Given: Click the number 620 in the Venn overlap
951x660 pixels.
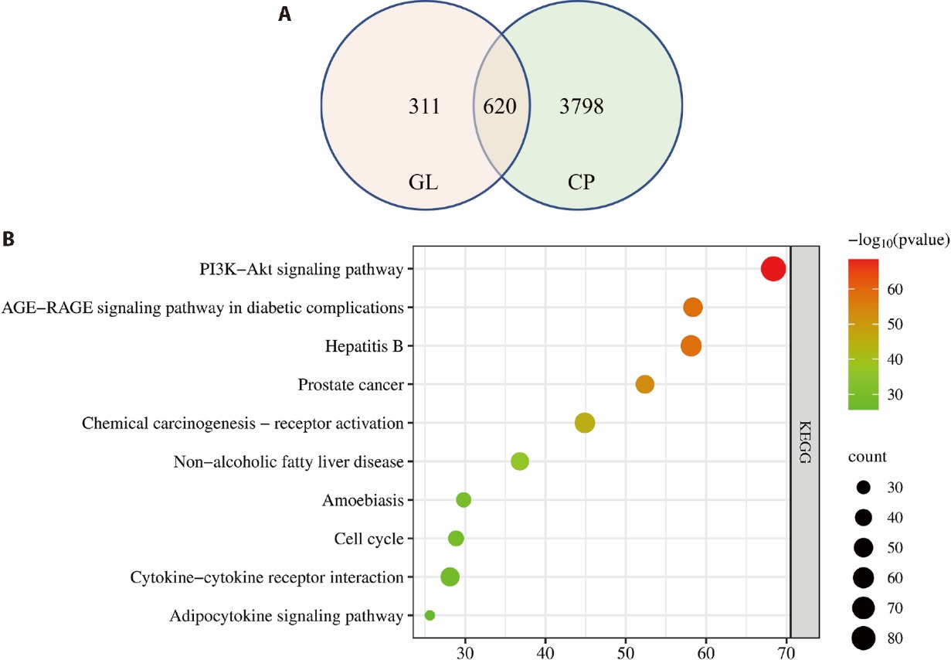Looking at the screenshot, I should tap(500, 106).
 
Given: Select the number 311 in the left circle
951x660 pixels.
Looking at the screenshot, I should tap(424, 106).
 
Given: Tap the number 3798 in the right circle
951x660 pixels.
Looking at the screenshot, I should tap(581, 106).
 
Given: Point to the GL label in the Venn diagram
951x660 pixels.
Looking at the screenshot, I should tap(424, 184).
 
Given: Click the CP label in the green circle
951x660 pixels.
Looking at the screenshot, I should tap(580, 184).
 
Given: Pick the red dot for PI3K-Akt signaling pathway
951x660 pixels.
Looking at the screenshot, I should tap(773, 269).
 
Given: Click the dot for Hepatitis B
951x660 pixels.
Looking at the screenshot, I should tap(691, 345).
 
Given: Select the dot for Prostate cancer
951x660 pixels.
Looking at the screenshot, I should tap(645, 384).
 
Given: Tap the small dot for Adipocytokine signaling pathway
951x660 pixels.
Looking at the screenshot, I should tap(430, 615).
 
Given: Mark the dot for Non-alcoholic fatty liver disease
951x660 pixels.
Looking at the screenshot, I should tap(520, 461).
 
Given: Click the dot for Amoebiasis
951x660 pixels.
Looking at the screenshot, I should tap(464, 500).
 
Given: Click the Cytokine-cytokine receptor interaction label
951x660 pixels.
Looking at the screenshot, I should tap(267, 577).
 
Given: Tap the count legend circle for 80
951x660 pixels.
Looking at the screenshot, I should tap(864, 638).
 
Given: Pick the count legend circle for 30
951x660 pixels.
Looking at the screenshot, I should tap(864, 488).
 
